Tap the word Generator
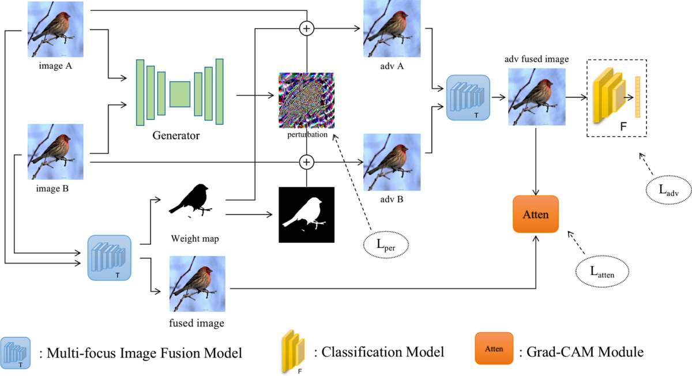(x=176, y=136)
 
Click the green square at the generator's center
(x=180, y=94)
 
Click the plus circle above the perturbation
(x=307, y=28)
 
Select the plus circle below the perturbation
(x=307, y=163)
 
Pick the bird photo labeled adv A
(x=392, y=29)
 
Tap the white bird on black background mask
(x=306, y=215)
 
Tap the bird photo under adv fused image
(x=536, y=97)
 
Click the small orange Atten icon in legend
(x=494, y=348)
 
